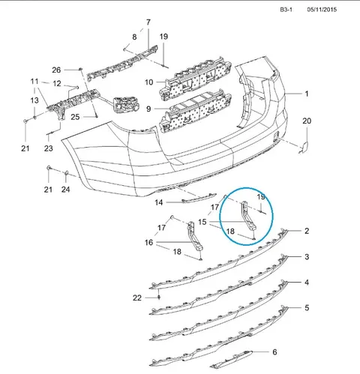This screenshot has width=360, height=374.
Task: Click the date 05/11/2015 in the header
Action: (x=322, y=10)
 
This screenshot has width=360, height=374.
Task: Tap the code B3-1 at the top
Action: (x=286, y=10)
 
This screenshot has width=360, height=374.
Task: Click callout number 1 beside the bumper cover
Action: (x=307, y=94)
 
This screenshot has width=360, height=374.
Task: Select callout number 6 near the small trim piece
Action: (x=274, y=352)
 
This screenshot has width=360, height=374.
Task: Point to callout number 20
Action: (x=307, y=121)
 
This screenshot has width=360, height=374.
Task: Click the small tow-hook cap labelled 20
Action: (x=304, y=147)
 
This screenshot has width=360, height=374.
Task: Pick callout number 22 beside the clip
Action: (x=137, y=298)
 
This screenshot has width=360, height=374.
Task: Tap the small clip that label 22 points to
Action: (x=159, y=297)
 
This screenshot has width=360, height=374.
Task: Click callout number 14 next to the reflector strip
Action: (x=159, y=202)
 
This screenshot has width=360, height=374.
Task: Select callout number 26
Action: (x=56, y=70)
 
